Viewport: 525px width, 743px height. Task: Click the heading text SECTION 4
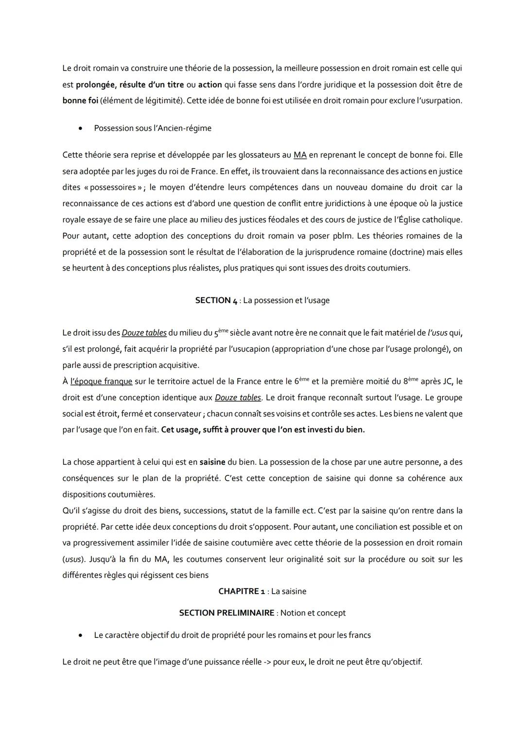click(216, 300)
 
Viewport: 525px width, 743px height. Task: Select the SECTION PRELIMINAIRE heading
click(227, 613)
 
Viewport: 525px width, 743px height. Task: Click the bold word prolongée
click(95, 85)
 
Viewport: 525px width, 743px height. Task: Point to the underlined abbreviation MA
click(300, 155)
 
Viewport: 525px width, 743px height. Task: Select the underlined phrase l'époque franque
click(101, 381)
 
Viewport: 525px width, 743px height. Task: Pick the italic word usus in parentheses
click(72, 559)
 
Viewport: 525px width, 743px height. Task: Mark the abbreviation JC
click(447, 381)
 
